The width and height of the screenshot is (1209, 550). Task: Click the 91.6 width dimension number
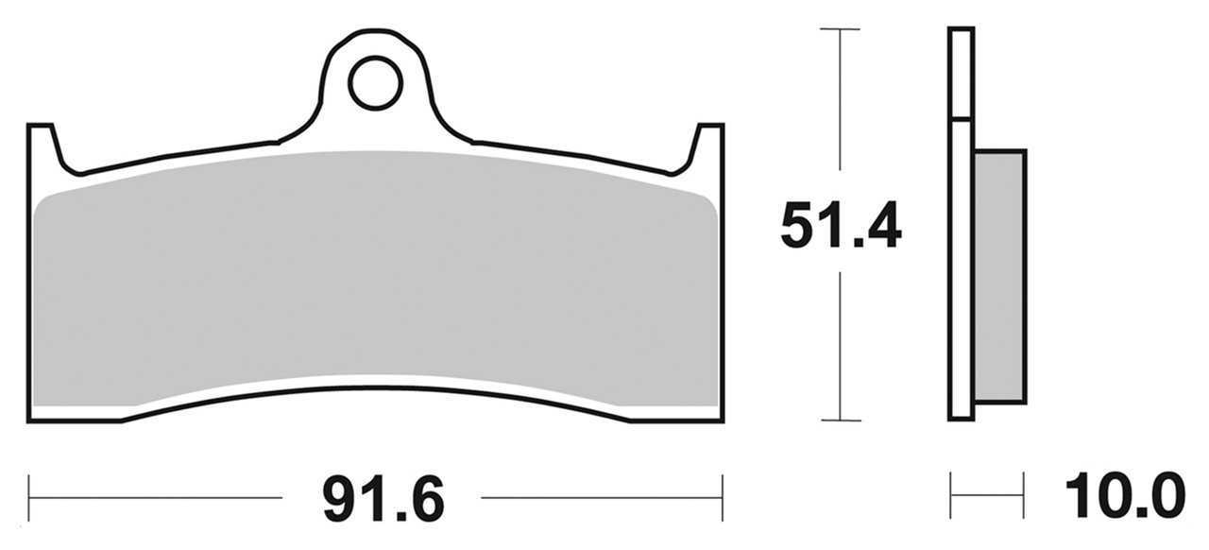tap(383, 498)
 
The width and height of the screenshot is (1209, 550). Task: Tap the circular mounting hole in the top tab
tap(375, 84)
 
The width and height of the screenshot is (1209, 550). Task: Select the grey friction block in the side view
tap(999, 274)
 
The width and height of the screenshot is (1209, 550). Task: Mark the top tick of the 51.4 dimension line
tap(840, 29)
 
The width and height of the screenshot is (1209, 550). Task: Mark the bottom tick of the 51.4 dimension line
tap(840, 420)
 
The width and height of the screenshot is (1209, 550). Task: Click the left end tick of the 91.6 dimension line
tap(29, 497)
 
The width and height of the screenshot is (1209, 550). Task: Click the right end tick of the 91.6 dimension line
tap(723, 497)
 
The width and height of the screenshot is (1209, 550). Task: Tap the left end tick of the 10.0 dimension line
tap(951, 496)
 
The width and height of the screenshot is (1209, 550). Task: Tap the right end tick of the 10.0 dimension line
tap(1024, 496)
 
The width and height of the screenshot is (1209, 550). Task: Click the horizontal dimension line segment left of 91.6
tap(156, 497)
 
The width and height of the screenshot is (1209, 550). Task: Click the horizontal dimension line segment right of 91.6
tap(602, 497)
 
